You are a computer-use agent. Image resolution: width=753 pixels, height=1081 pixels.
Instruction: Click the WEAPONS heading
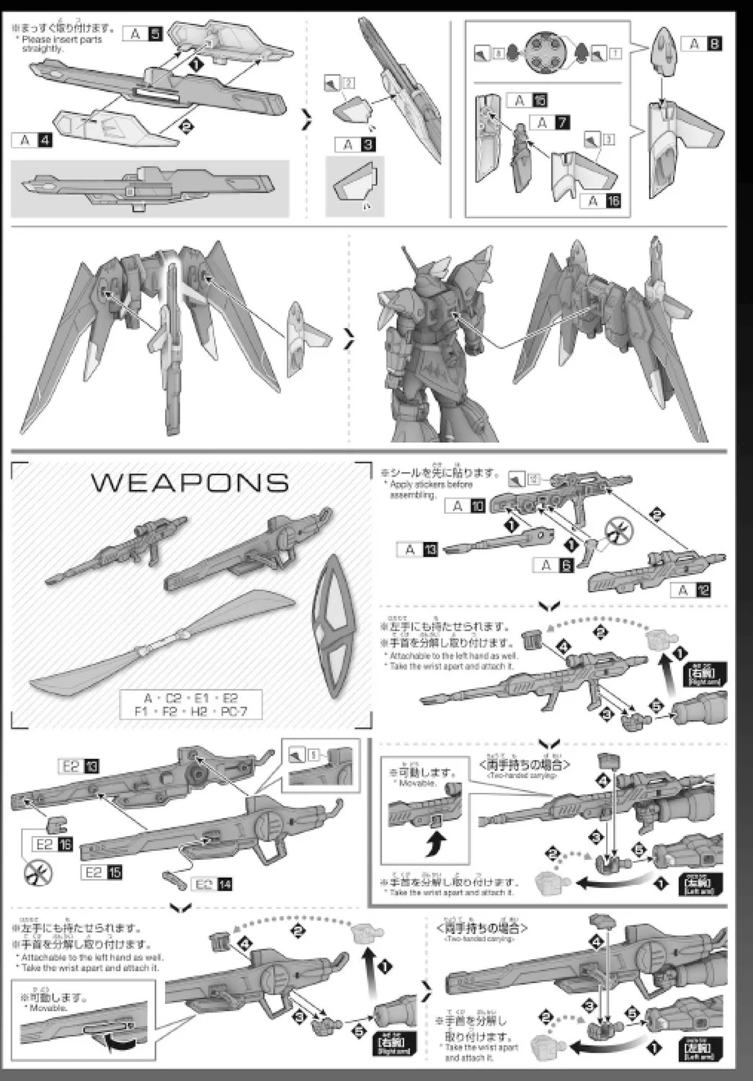(x=190, y=482)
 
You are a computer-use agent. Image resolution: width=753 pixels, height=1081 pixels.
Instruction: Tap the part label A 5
(x=143, y=33)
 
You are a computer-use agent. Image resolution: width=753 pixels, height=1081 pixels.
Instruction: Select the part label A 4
(x=32, y=139)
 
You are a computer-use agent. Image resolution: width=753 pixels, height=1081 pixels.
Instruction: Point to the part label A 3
(x=356, y=145)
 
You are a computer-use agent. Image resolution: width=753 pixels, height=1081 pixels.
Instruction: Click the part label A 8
(x=703, y=44)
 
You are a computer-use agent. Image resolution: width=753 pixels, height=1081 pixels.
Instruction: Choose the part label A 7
(x=551, y=123)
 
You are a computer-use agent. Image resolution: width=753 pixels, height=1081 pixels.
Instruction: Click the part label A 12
(x=691, y=590)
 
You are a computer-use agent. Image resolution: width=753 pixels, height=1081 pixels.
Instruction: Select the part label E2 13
(x=79, y=766)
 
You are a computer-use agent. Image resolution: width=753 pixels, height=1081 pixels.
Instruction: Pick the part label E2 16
(x=53, y=844)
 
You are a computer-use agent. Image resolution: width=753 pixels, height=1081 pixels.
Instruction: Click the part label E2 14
(x=212, y=884)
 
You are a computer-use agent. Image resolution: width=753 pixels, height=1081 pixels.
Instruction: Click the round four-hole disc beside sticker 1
(x=547, y=53)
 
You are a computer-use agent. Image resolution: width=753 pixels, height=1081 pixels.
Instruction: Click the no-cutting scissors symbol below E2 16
(x=35, y=873)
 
